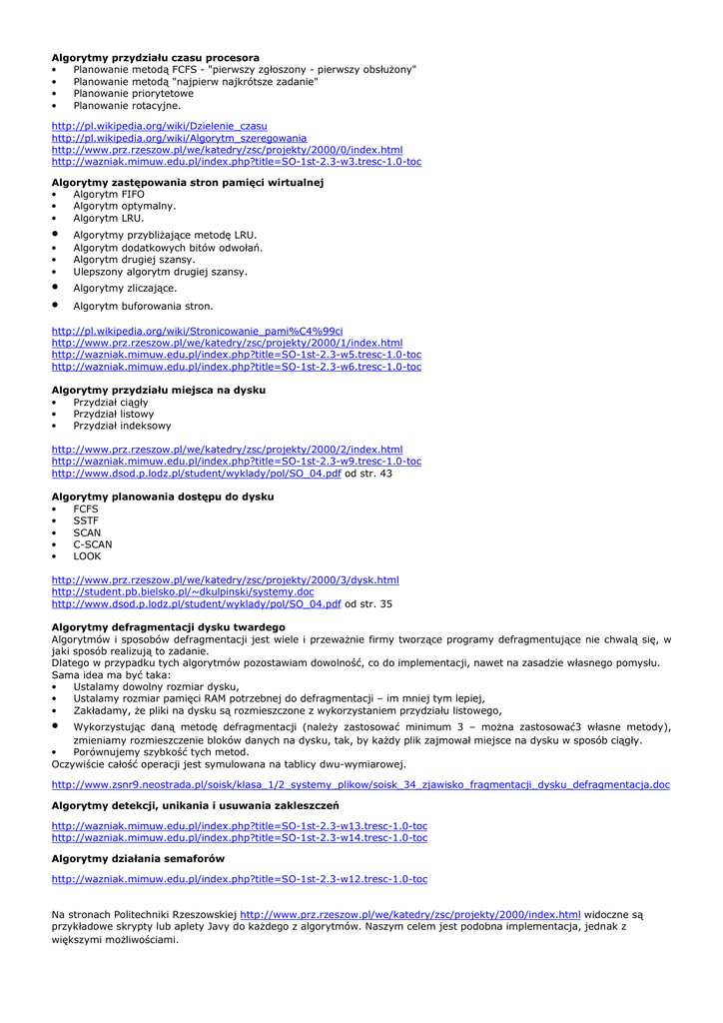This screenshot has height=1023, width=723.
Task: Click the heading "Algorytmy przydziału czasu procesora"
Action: tap(155, 58)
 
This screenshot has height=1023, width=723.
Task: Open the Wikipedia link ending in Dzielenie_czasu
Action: tap(159, 126)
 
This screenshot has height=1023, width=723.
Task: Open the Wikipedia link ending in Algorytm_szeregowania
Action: tap(179, 138)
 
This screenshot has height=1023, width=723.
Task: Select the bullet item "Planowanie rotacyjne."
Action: tap(127, 105)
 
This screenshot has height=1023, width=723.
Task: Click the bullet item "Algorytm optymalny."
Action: tap(124, 206)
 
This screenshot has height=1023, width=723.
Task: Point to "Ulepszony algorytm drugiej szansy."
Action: tap(160, 272)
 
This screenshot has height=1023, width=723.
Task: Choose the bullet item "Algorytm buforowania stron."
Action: tap(143, 306)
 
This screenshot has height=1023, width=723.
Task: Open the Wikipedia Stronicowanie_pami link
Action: tap(197, 331)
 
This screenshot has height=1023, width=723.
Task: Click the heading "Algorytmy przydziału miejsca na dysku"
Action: tap(158, 391)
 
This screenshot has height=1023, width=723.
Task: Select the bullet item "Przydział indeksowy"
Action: tap(122, 426)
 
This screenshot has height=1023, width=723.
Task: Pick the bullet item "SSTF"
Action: tap(86, 520)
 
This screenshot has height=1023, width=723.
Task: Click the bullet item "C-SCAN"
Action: tap(93, 544)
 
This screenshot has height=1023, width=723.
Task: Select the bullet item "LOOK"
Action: tap(87, 556)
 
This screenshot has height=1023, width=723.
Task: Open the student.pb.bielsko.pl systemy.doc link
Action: tap(182, 591)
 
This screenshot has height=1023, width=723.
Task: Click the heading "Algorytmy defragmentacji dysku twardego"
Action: tap(168, 627)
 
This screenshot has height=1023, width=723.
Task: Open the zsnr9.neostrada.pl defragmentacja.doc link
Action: tap(360, 785)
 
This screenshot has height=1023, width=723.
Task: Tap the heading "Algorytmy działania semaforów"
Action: tap(138, 858)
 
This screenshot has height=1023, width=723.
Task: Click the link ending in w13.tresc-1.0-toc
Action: tap(239, 826)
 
